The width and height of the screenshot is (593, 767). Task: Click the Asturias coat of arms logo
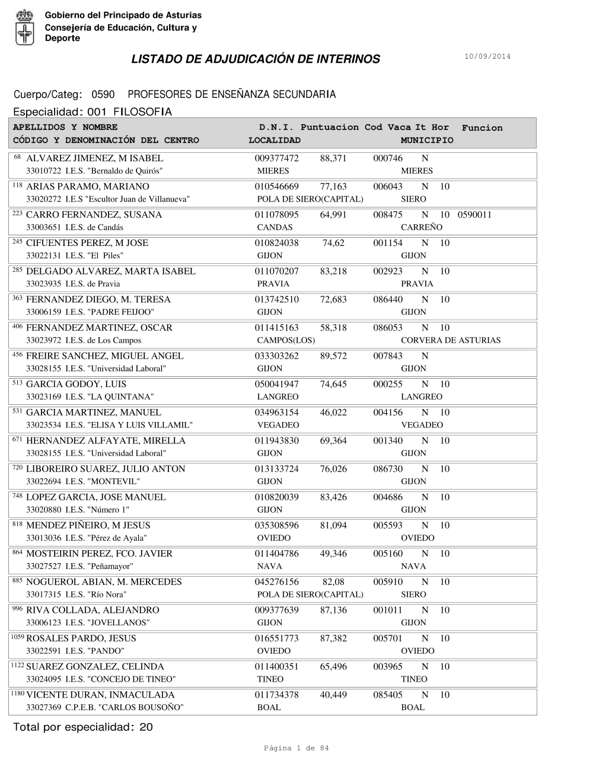(x=25, y=27)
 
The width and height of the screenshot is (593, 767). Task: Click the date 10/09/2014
(x=487, y=57)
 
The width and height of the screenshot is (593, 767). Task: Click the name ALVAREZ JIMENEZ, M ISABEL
(x=95, y=158)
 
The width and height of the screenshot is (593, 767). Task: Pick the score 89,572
(x=333, y=356)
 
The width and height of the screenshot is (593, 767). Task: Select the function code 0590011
(x=474, y=215)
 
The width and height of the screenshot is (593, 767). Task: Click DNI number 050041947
(x=277, y=384)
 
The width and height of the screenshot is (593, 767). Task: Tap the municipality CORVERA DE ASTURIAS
(x=451, y=340)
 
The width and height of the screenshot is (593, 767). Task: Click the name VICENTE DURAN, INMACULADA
(x=100, y=695)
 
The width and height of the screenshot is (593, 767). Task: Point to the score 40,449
(x=333, y=695)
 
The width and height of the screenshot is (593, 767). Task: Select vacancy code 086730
(x=388, y=469)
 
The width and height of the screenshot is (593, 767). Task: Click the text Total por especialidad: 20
(x=83, y=727)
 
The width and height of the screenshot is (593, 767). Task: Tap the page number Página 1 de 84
(x=296, y=748)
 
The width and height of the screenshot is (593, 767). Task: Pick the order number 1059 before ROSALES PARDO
(x=18, y=637)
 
